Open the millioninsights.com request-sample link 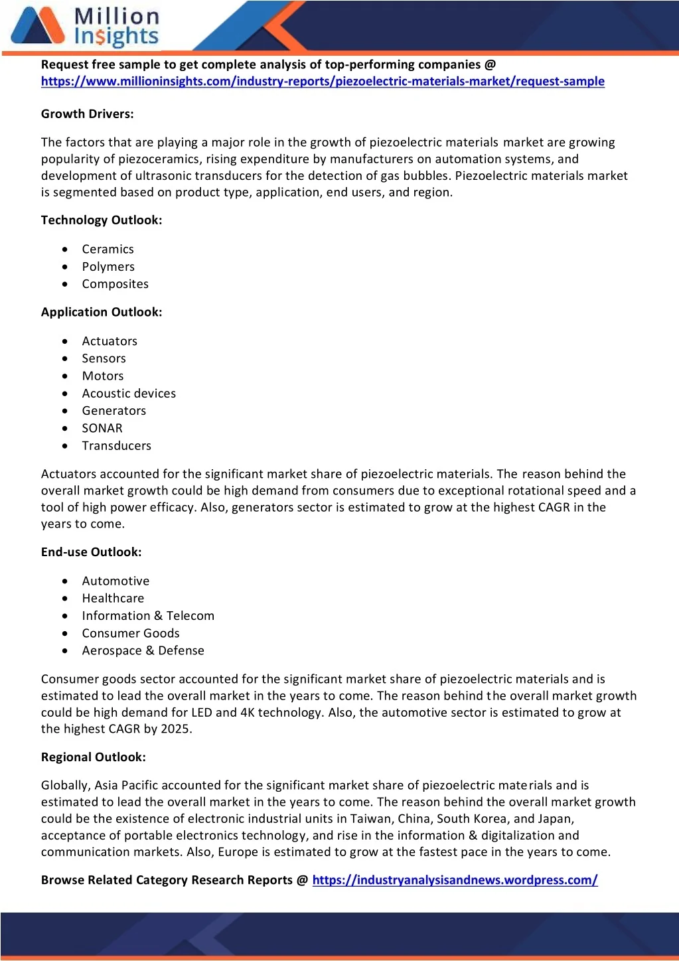pyautogui.click(x=323, y=82)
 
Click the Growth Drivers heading pyautogui.click(x=88, y=114)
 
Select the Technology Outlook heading pyautogui.click(x=102, y=220)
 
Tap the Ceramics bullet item pyautogui.click(x=108, y=250)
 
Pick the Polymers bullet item pyautogui.click(x=108, y=267)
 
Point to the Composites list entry pyautogui.click(x=115, y=284)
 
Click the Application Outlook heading pyautogui.click(x=102, y=312)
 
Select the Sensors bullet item pyautogui.click(x=104, y=358)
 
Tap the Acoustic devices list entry pyautogui.click(x=129, y=394)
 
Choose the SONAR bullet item pyautogui.click(x=102, y=429)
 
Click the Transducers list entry pyautogui.click(x=116, y=446)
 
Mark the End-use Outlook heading pyautogui.click(x=91, y=552)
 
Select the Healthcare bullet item pyautogui.click(x=113, y=599)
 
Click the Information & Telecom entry pyautogui.click(x=148, y=616)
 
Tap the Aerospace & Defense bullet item pyautogui.click(x=143, y=651)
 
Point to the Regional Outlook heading pyautogui.click(x=94, y=757)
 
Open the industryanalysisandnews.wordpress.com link pyautogui.click(x=455, y=880)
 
